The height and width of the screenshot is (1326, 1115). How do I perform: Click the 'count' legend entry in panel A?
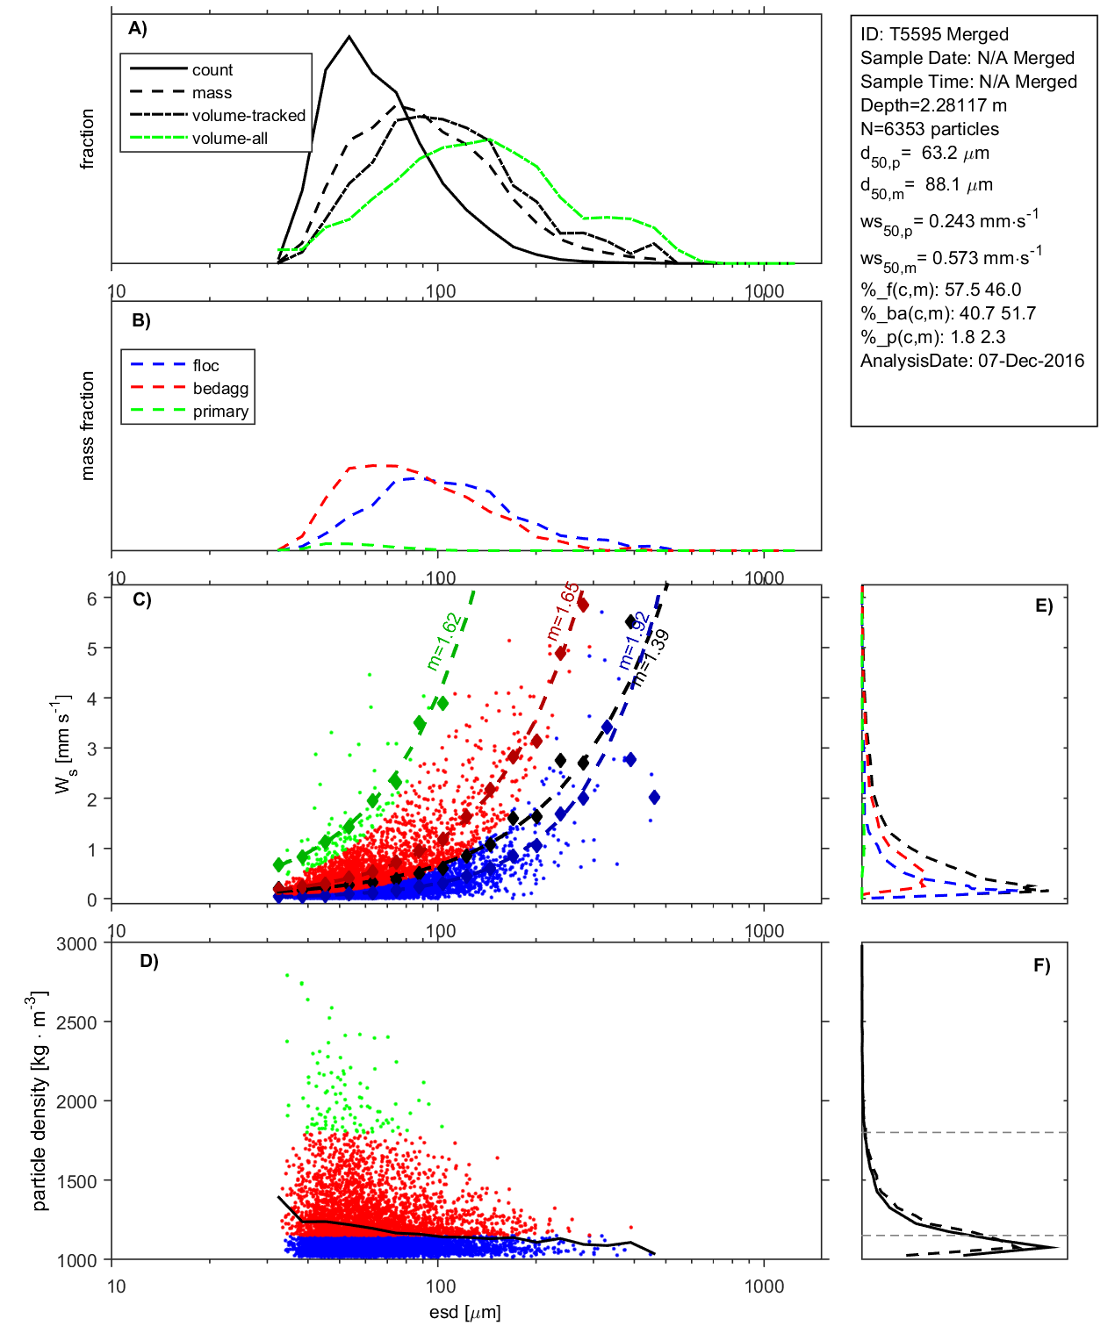click(212, 70)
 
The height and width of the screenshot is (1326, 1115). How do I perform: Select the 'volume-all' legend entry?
click(230, 139)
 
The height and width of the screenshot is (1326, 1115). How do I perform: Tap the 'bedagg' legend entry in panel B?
click(220, 389)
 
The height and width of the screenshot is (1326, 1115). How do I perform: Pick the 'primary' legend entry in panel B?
click(220, 412)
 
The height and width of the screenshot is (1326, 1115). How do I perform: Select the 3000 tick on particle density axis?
click(76, 944)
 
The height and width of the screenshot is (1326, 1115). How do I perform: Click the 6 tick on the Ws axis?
click(91, 598)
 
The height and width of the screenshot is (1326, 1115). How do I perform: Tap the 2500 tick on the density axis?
click(76, 1022)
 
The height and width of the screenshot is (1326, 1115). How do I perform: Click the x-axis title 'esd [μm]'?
click(464, 1313)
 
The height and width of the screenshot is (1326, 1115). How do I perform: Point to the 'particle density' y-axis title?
click(40, 1101)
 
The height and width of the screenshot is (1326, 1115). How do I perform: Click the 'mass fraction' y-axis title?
click(87, 426)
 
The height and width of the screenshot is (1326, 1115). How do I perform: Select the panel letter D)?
click(149, 961)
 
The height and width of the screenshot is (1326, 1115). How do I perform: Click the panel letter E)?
click(1043, 606)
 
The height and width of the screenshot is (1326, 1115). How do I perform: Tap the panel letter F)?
click(1042, 965)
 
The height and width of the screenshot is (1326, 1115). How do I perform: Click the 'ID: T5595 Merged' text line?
click(934, 34)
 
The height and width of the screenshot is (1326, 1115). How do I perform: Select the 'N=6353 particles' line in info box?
click(929, 129)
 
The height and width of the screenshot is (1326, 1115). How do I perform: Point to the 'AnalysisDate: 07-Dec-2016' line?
click(972, 361)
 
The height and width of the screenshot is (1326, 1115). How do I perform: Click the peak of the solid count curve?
click(349, 37)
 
